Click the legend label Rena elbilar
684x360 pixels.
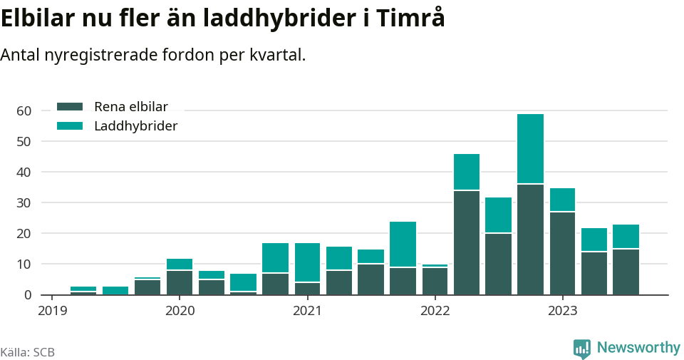pyautogui.click(x=130, y=107)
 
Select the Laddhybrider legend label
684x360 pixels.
pyautogui.click(x=135, y=126)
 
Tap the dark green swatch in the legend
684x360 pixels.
pyautogui.click(x=70, y=107)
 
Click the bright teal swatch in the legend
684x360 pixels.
pyautogui.click(x=70, y=126)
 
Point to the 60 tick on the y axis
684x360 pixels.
pyautogui.click(x=24, y=110)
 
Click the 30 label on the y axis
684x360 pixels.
pyautogui.click(x=24, y=202)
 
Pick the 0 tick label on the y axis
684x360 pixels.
pyautogui.click(x=28, y=294)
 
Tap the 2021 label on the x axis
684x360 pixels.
pyautogui.click(x=307, y=311)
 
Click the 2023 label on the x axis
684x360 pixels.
pyautogui.click(x=562, y=311)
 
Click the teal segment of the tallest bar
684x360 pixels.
pyautogui.click(x=530, y=149)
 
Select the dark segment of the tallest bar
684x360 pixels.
pyautogui.click(x=530, y=240)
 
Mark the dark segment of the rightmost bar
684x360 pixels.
pyautogui.click(x=626, y=272)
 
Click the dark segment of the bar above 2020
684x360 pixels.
pyautogui.click(x=180, y=282)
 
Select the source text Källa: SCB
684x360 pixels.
pyautogui.click(x=28, y=352)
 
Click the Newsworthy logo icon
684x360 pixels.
pyautogui.click(x=582, y=348)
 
